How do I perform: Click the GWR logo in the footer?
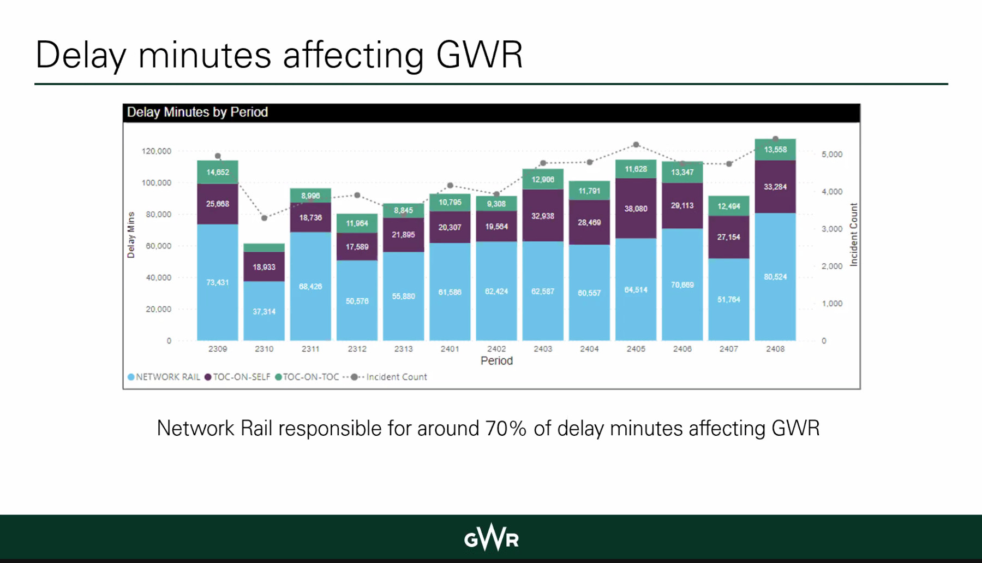[491, 538]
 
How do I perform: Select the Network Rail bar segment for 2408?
[775, 276]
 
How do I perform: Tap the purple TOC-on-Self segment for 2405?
[636, 208]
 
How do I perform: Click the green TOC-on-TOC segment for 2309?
[217, 172]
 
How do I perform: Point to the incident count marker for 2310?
[264, 218]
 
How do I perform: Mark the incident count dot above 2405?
[636, 145]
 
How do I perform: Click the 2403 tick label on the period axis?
[543, 349]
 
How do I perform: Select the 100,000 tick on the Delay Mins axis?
[157, 183]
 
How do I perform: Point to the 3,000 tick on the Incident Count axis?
[832, 229]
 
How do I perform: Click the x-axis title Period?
[496, 361]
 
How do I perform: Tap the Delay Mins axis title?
[131, 235]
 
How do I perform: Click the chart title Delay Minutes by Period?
[197, 112]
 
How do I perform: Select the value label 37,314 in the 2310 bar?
[264, 312]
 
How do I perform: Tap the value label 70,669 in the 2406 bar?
[682, 285]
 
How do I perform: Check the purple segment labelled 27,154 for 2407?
[729, 237]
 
